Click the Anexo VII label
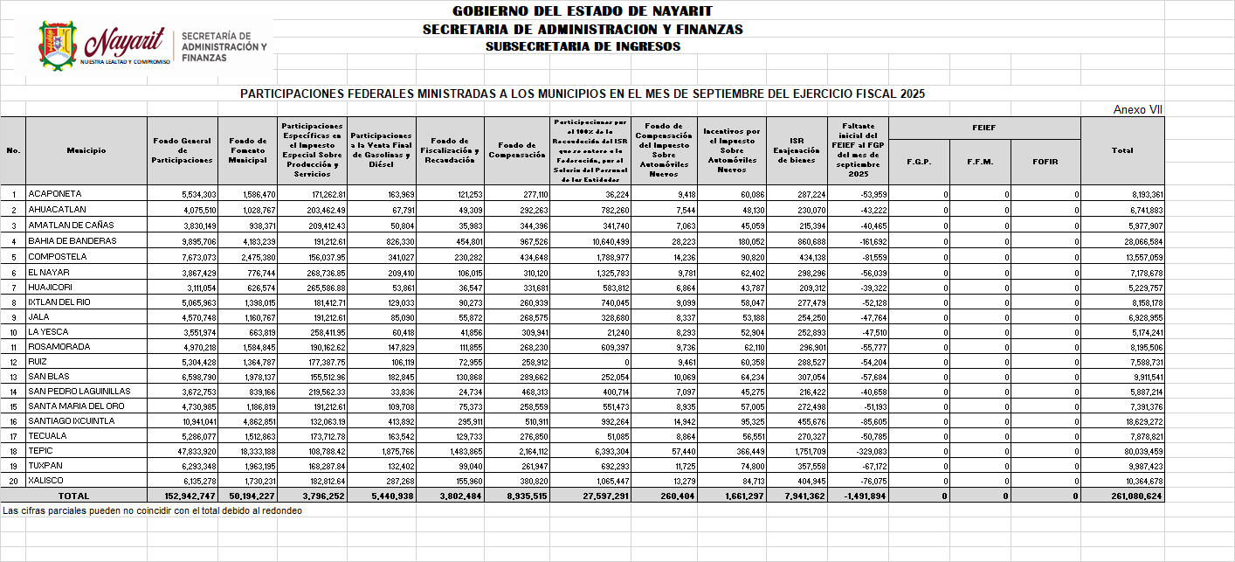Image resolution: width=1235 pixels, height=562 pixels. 1137,110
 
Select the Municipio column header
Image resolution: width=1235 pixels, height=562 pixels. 86,150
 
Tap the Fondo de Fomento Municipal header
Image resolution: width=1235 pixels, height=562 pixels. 247,150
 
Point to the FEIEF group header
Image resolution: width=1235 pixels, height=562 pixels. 983,128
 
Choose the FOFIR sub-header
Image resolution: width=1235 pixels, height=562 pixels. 1045,162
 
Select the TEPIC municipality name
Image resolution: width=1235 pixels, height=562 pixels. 40,451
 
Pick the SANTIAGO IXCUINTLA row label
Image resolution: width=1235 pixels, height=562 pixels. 71,421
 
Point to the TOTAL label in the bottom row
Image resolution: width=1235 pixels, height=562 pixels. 73,496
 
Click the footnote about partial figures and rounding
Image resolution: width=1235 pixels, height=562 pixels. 152,510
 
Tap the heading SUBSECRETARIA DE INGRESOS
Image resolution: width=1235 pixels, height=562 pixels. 582,46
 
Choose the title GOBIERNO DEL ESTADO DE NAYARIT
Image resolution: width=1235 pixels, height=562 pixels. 582,11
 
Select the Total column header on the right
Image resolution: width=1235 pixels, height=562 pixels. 1121,150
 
